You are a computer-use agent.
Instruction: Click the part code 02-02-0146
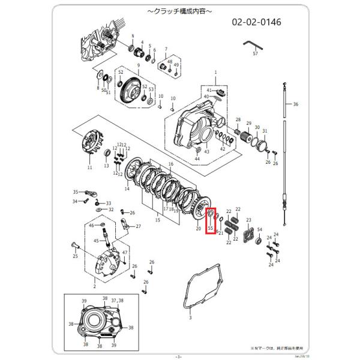pos(257,22)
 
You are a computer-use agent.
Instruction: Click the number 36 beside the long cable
pos(295,104)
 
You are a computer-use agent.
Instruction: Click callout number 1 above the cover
pos(215,71)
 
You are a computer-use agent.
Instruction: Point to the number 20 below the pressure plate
pos(198,229)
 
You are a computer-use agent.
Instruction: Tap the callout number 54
pos(260,230)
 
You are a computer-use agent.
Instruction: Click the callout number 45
pos(95,241)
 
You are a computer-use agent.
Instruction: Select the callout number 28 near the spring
pos(238,120)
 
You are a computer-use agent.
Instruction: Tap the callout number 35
pos(76,192)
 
